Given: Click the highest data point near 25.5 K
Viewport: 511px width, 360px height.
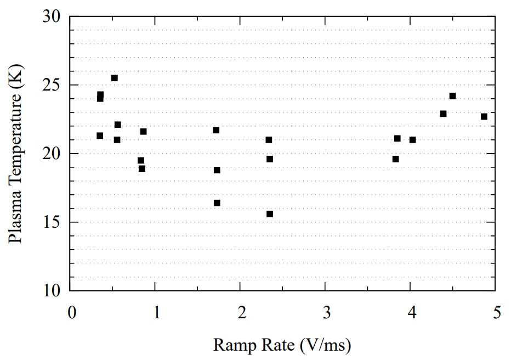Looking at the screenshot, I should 115,78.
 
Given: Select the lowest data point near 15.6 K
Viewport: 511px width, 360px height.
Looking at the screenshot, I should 270,214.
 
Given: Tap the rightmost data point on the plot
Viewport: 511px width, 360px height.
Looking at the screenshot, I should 484,116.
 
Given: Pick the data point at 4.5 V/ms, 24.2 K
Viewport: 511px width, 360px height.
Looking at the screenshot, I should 452,96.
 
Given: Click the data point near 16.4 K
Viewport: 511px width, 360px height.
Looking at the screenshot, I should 217,203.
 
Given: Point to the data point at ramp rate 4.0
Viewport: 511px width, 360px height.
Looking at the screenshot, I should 413,140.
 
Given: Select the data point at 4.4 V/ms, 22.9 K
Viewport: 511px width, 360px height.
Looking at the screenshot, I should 444,114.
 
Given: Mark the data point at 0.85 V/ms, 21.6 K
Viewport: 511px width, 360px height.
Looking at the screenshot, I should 144,132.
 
